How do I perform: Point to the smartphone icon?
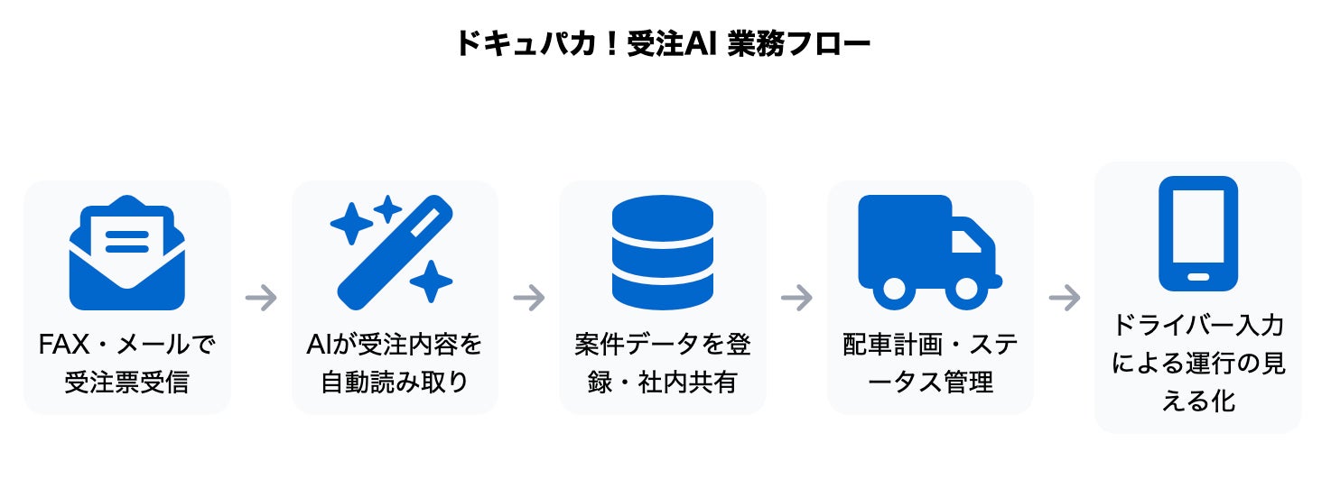tap(1197, 233)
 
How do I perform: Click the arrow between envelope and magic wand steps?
tap(261, 298)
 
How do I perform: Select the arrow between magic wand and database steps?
tap(529, 298)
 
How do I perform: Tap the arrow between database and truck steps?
tap(796, 298)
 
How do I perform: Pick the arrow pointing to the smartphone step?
tap(1065, 298)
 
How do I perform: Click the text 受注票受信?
tap(126, 382)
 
